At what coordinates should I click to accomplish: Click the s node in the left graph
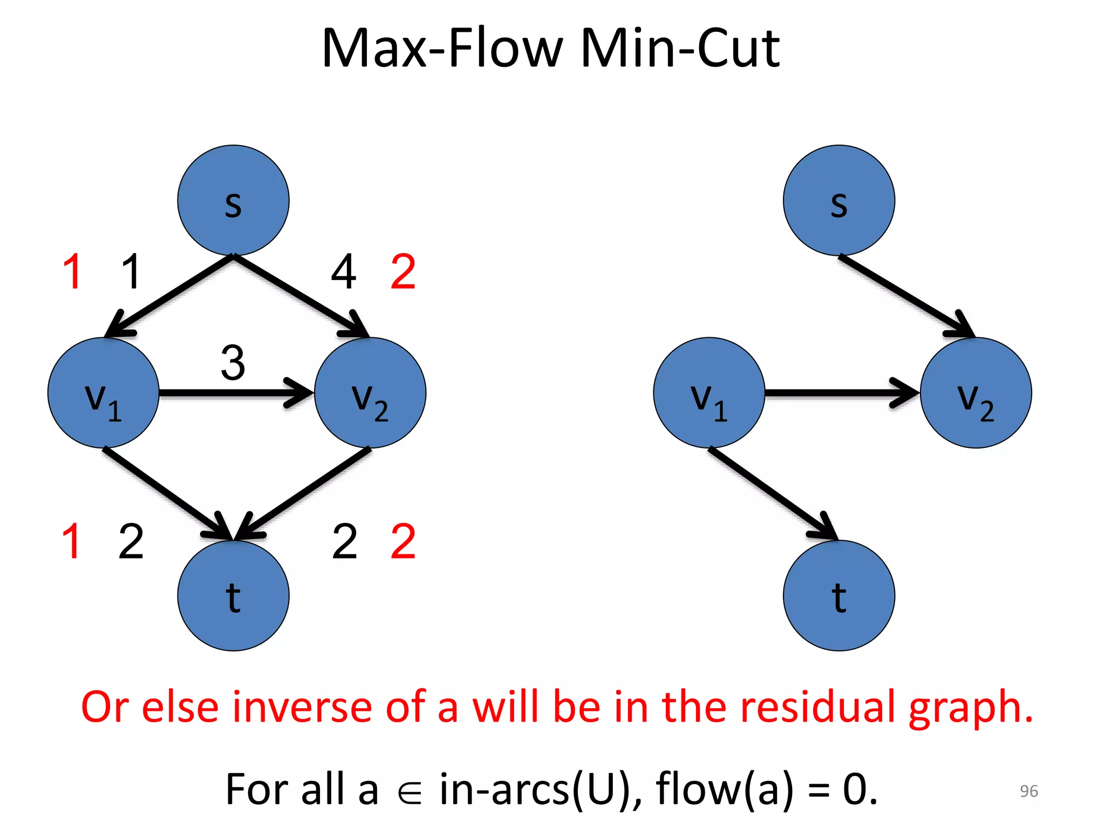coord(233,200)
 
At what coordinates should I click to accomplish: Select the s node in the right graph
coord(838,200)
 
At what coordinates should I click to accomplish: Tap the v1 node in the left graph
coord(103,393)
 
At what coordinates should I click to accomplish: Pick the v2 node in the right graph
coord(976,393)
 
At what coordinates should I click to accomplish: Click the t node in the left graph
coord(233,595)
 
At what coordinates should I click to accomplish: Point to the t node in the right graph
coord(838,595)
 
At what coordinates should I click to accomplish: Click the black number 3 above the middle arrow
coord(233,363)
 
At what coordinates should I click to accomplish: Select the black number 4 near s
coord(344,272)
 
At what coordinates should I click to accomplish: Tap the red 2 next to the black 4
coord(403,272)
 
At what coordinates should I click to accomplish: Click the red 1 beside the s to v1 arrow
coord(72,272)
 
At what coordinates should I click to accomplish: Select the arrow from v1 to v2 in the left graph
coord(235,393)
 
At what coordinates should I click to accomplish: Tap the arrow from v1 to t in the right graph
coord(772,492)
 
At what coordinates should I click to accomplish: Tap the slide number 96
coord(1028,791)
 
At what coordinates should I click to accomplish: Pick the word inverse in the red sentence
coord(302,707)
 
